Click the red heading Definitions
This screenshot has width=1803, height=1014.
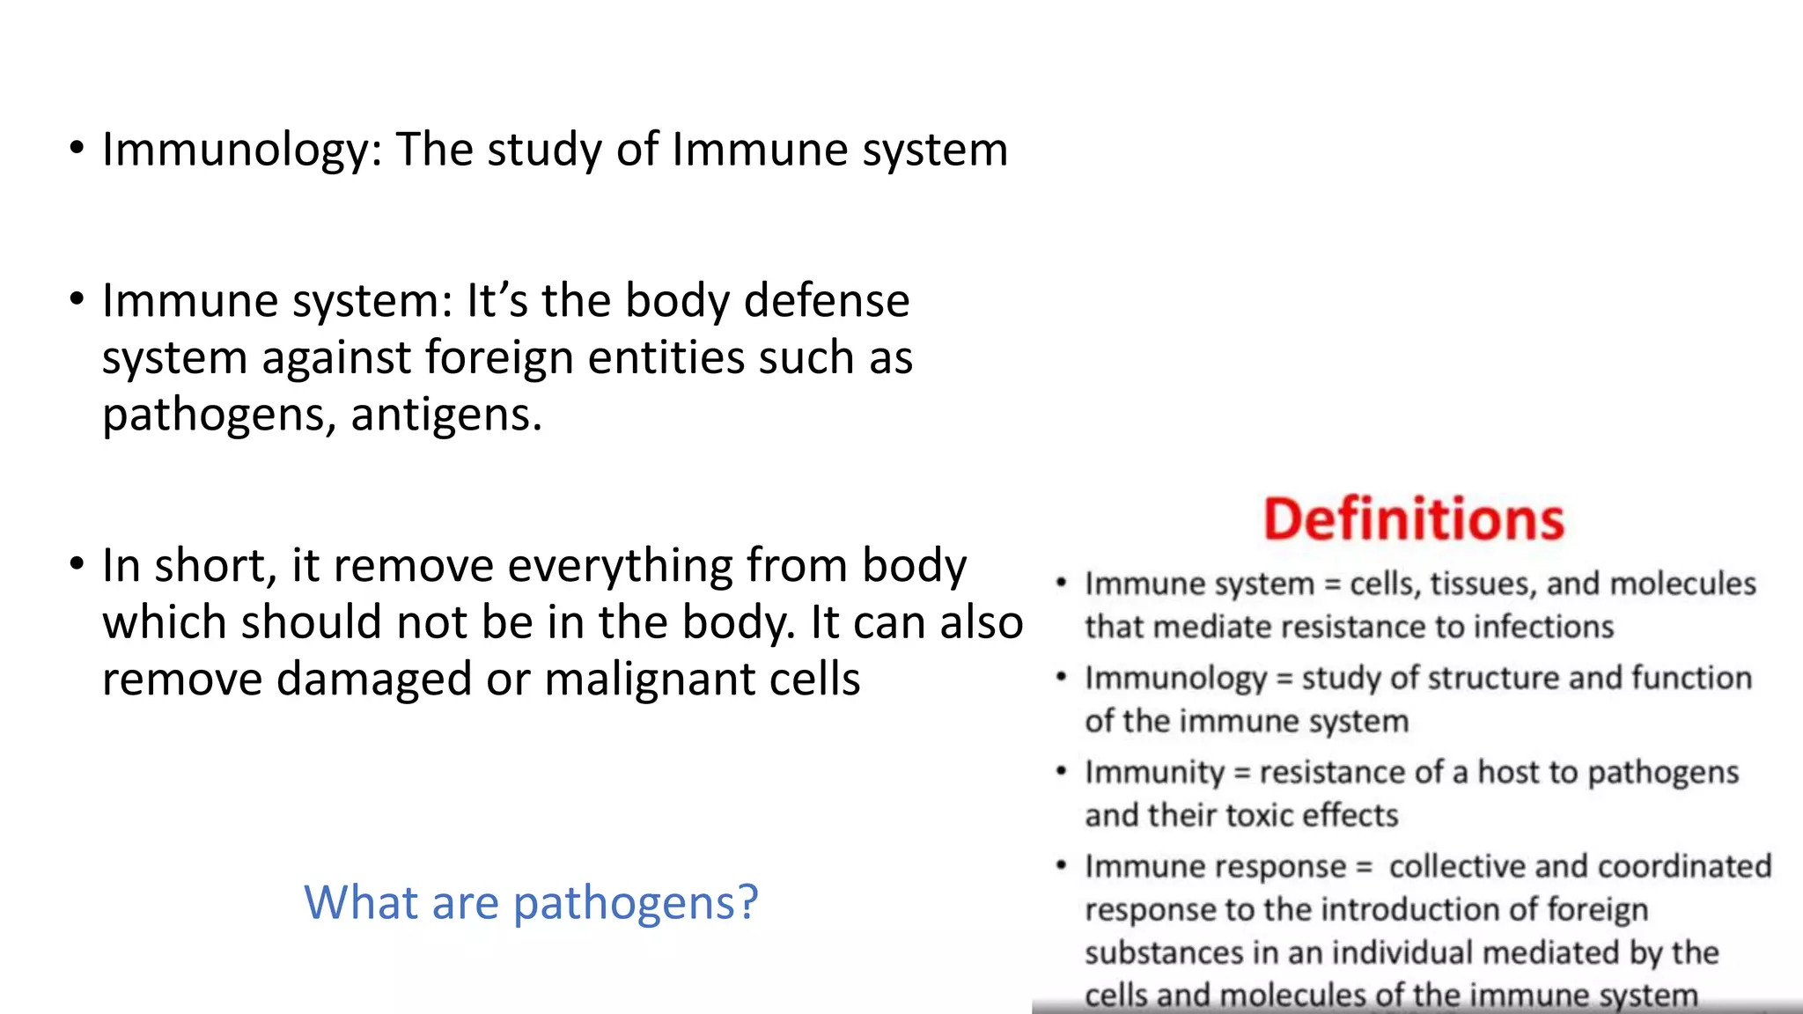pyautogui.click(x=1414, y=519)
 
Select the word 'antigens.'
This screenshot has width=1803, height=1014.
pyautogui.click(x=446, y=415)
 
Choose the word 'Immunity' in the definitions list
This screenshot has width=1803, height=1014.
pyautogui.click(x=1154, y=772)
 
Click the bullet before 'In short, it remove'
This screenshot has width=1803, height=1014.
pyautogui.click(x=77, y=563)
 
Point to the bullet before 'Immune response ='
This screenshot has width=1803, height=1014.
pyautogui.click(x=1062, y=866)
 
